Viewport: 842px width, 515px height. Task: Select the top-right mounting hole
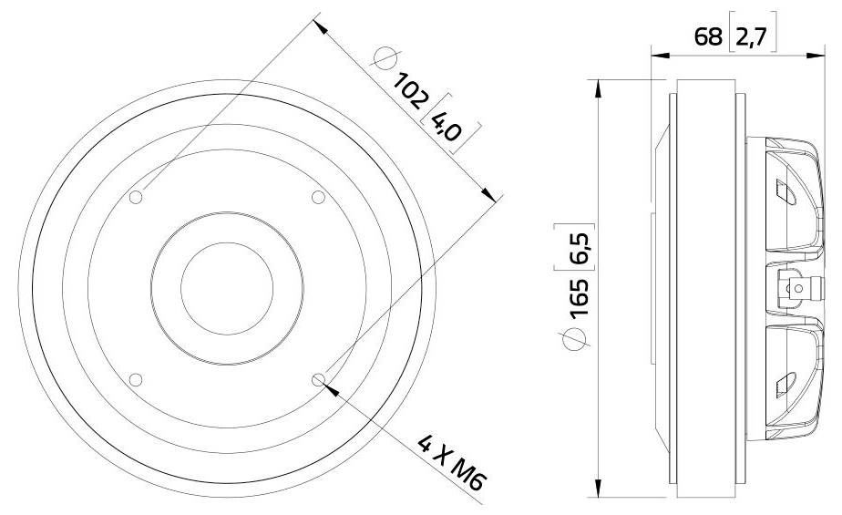point(319,197)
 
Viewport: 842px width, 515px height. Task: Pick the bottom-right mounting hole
point(319,380)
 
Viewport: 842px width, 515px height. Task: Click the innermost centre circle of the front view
point(227,287)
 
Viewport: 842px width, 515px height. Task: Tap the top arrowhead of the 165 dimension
point(597,88)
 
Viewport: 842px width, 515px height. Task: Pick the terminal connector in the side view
point(794,289)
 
